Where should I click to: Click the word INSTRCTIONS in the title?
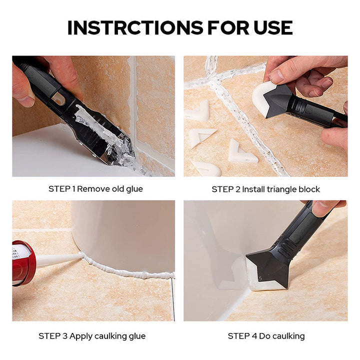(135, 28)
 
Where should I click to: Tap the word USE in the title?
(273, 28)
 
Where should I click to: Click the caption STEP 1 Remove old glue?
(95, 189)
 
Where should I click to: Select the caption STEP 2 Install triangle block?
(265, 189)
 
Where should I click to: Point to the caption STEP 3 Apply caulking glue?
(92, 336)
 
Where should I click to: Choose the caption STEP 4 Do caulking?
(266, 336)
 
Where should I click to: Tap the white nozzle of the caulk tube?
(58, 259)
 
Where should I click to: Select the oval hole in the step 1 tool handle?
(59, 99)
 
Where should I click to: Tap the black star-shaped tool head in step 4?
(270, 267)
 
